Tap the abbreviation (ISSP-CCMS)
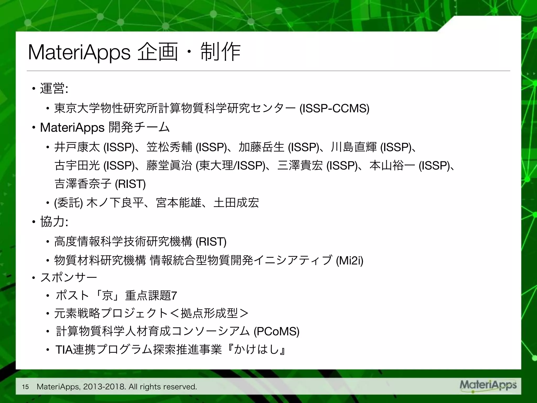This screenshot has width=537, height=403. [334, 108]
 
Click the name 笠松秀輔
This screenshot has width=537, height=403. [169, 147]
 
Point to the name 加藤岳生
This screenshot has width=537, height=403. [261, 147]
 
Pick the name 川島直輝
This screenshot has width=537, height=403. [354, 147]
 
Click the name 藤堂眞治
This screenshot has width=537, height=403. [169, 166]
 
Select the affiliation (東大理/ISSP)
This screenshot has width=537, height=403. [231, 166]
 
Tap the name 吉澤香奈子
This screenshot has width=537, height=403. [83, 184]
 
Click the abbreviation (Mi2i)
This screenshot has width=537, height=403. [350, 261]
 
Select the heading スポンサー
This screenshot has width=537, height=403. [69, 278]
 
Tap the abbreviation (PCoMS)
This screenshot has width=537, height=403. [277, 331]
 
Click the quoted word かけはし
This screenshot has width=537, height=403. [256, 350]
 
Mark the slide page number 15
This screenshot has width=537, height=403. [25, 386]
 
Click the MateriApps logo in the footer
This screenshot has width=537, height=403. [488, 385]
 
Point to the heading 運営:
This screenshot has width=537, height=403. [54, 88]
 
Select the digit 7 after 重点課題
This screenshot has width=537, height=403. [174, 296]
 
